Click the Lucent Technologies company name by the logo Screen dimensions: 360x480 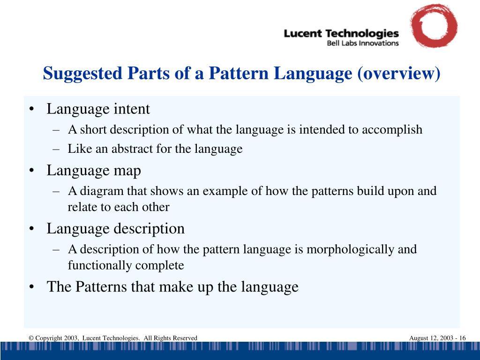click(x=341, y=34)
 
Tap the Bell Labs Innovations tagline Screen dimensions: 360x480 click(x=362, y=43)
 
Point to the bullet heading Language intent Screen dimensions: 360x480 click(x=98, y=109)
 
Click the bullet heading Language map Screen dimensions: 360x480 click(x=94, y=171)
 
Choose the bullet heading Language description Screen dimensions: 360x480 click(x=115, y=229)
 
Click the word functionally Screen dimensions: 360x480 click(x=100, y=265)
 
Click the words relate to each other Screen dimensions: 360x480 click(x=119, y=207)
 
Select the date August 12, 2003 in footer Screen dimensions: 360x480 click(x=430, y=338)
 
